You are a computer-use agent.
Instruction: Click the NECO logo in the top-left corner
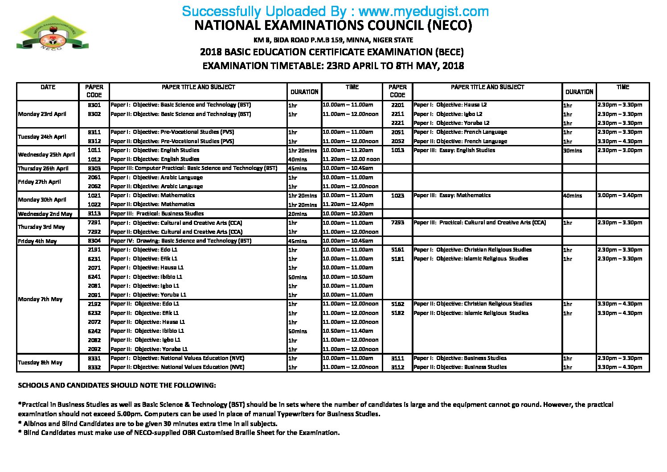click(52, 33)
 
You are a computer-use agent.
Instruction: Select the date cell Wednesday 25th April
click(46, 155)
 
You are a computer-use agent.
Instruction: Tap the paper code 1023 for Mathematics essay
click(397, 195)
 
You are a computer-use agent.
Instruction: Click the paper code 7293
click(397, 223)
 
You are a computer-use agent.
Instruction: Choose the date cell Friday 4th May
click(37, 241)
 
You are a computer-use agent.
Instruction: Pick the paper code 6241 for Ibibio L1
click(94, 277)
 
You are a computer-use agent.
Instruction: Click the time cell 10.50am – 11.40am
click(348, 331)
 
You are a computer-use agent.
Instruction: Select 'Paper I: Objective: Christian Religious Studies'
click(472, 250)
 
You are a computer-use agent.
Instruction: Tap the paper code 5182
click(397, 313)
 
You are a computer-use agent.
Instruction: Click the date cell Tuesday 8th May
click(40, 363)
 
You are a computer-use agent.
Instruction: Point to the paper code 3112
click(397, 367)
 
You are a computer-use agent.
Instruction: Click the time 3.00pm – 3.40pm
click(620, 195)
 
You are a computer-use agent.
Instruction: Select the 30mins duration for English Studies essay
click(573, 150)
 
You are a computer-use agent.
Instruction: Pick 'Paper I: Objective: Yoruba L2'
click(451, 123)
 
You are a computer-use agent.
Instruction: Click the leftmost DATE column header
click(48, 87)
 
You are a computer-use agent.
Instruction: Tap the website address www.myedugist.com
click(423, 11)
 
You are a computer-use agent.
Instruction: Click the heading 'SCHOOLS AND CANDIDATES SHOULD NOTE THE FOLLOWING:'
click(117, 385)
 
